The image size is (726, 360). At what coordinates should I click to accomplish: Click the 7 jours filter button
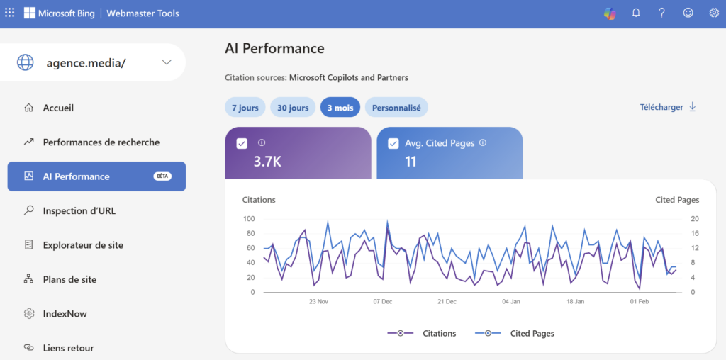point(245,108)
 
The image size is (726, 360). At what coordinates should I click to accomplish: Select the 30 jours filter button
point(293,108)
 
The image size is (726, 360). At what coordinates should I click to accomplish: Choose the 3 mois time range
point(340,108)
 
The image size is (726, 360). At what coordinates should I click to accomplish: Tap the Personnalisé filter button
point(396,108)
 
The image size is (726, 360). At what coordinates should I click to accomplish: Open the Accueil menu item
point(58,108)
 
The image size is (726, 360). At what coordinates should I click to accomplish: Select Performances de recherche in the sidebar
point(101,142)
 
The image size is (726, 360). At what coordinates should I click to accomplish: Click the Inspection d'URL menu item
point(79,210)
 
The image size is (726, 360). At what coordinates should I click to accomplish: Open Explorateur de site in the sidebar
point(83,245)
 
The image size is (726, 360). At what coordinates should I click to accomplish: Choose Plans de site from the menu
point(69,279)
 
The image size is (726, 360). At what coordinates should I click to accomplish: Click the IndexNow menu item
point(65,313)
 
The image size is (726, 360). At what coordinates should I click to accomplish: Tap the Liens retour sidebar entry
point(68,348)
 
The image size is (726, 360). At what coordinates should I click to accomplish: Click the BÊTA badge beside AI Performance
point(163,176)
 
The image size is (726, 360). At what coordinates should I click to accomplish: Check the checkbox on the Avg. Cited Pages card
point(393,143)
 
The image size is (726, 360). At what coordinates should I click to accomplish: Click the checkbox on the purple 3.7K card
point(242,143)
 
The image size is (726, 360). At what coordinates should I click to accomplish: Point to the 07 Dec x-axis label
point(382,301)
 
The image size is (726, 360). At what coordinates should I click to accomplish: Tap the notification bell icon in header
point(636,13)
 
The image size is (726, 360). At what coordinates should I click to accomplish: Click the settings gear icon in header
point(714,13)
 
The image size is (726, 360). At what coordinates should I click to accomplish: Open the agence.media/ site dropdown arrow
point(167,62)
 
